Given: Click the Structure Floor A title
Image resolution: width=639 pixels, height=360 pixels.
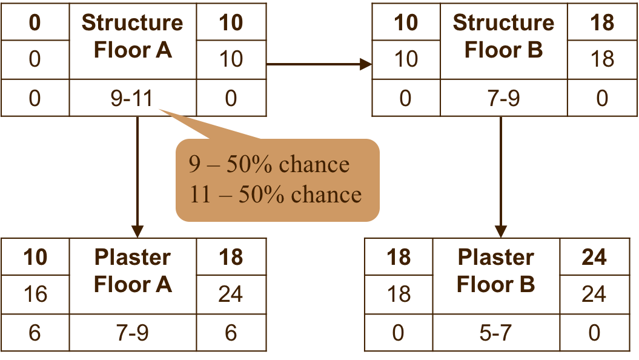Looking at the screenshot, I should [133, 36].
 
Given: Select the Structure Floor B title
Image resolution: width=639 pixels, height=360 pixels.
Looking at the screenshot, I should [503, 36].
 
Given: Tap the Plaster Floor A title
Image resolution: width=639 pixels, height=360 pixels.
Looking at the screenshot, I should [133, 271].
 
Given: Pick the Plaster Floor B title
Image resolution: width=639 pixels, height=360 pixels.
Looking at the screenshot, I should [496, 271].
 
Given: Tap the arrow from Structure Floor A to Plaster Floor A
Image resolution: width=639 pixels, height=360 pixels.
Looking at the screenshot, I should [137, 176].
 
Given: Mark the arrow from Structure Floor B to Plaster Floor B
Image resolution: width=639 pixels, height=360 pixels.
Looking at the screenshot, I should [501, 176].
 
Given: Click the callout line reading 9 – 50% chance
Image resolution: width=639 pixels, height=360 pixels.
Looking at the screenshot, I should [270, 165].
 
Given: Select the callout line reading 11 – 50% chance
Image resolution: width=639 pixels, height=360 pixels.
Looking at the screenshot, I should [276, 195].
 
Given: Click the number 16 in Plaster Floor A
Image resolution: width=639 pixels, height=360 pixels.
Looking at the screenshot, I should [35, 294].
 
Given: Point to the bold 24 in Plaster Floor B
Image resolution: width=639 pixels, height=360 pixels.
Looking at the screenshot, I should [594, 258].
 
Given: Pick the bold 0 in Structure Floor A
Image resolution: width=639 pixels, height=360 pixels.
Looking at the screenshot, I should [35, 23].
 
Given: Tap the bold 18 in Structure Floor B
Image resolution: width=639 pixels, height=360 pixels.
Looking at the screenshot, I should [602, 23].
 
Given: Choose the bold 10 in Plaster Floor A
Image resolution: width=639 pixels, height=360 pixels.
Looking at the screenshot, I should [35, 258].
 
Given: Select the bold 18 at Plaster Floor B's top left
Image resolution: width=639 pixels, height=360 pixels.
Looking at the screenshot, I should [399, 258].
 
